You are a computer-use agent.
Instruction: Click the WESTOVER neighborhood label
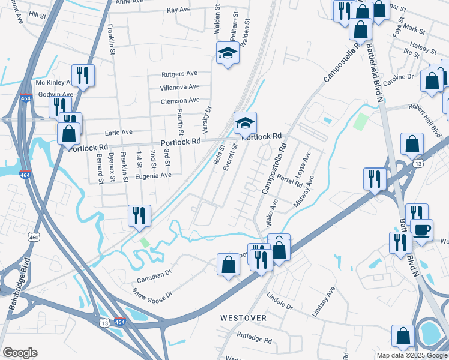pos(242,317)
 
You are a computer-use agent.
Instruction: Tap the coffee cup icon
pos(421,229)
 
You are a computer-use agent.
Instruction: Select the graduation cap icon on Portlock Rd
pos(245,123)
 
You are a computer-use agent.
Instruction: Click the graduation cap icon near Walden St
pos(228,54)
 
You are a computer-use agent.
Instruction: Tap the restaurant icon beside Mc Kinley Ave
pos(82,75)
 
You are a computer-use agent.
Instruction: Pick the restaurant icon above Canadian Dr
pos(139,215)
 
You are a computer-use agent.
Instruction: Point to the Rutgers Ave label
pos(179,74)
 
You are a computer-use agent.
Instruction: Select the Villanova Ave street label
pos(179,87)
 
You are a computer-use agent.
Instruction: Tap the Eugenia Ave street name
pos(153,175)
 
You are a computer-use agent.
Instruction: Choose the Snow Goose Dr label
pos(152,295)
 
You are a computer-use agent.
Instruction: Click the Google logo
pos(20,353)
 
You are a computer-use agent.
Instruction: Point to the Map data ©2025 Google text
pos(411,355)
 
